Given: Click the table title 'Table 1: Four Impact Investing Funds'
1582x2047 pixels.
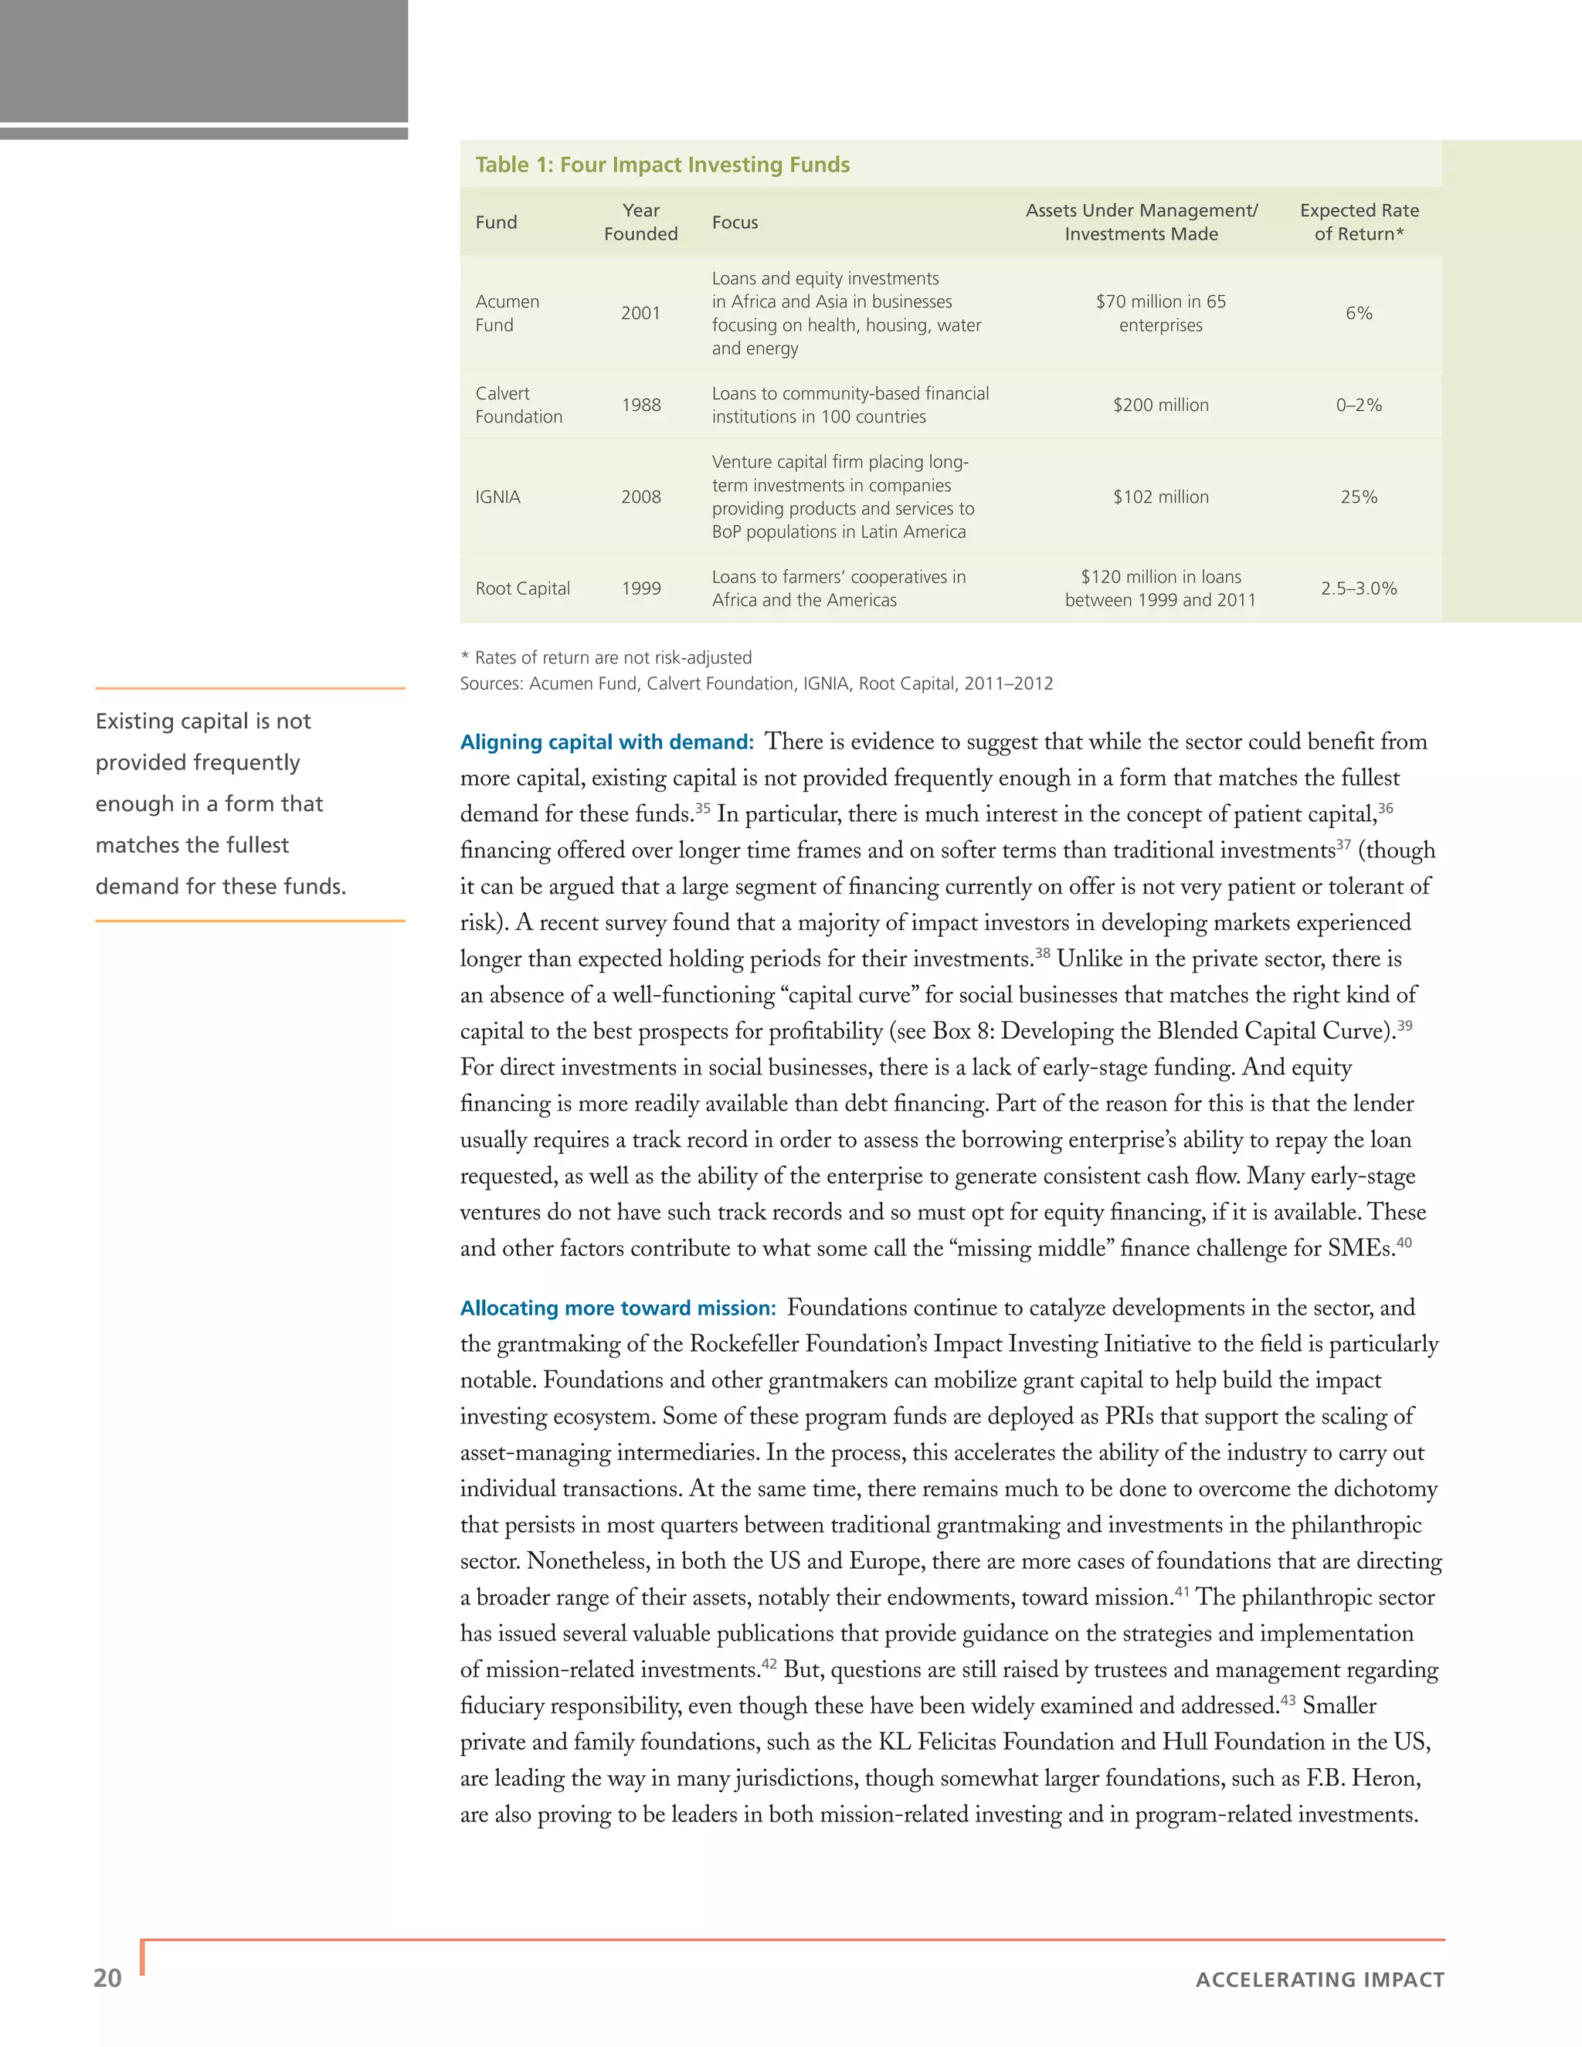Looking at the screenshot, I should point(662,165).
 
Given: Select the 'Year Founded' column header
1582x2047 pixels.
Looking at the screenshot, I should point(640,222).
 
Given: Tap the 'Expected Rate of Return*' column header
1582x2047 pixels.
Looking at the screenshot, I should point(1358,222).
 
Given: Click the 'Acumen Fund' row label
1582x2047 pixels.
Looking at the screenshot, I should point(506,313).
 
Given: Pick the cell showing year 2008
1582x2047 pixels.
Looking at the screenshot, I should point(640,497).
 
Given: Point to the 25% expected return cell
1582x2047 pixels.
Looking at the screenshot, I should point(1358,497).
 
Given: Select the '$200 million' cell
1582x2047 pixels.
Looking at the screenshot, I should point(1160,405).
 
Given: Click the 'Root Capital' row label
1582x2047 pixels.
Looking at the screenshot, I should point(522,589).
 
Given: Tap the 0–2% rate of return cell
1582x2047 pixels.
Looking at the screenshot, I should point(1358,405).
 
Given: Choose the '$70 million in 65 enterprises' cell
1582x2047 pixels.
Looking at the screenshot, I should point(1160,313).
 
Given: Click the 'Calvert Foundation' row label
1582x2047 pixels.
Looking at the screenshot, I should point(518,405).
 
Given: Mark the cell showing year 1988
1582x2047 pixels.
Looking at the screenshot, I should point(640,405).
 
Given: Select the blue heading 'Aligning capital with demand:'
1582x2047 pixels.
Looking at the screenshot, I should point(606,742).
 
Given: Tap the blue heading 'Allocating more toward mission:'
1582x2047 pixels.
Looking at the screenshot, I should point(618,1309).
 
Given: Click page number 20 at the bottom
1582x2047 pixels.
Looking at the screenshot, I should point(108,1977).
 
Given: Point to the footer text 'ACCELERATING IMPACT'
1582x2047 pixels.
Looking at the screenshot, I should point(1319,1980).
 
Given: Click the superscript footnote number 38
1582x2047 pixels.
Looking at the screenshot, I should point(1042,952).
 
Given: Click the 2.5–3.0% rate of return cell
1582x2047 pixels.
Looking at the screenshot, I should point(1358,589).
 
